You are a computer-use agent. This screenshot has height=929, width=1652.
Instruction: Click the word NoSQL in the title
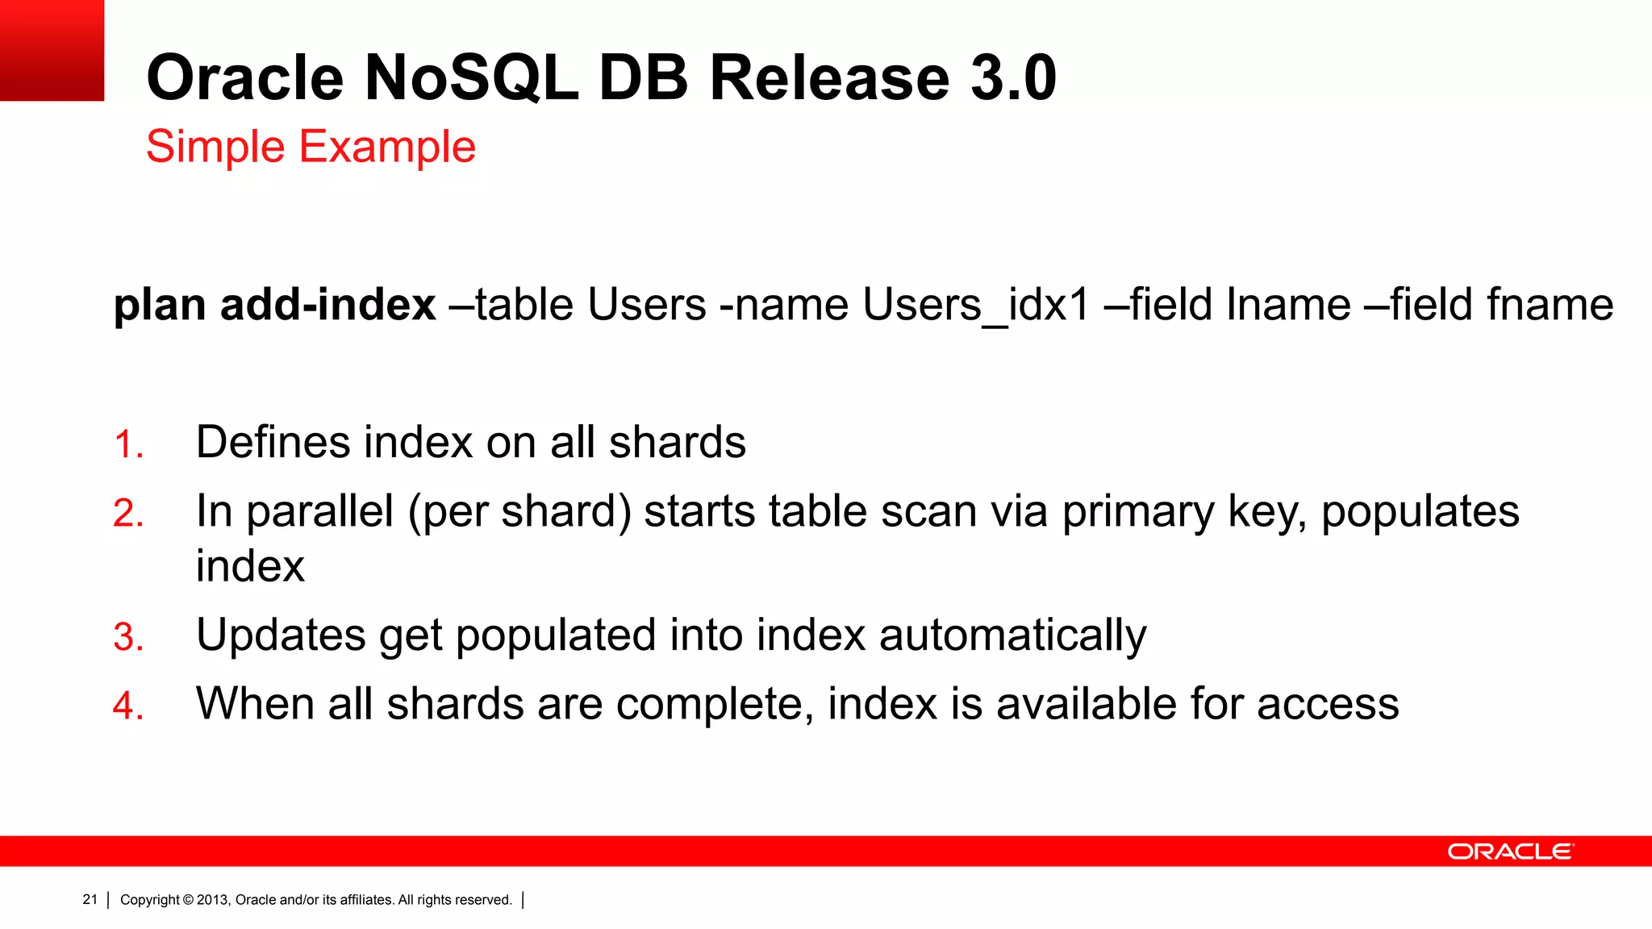[471, 77]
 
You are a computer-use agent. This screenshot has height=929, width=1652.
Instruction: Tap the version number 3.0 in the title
[1013, 77]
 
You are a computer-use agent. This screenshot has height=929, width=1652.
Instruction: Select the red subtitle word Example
[387, 147]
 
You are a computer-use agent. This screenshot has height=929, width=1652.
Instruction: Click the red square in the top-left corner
[52, 50]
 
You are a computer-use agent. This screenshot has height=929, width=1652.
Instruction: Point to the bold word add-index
[327, 305]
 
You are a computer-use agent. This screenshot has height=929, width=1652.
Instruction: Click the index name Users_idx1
[975, 305]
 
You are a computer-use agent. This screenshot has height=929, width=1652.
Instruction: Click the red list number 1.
[128, 444]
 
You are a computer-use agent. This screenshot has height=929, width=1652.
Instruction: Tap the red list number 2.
[128, 514]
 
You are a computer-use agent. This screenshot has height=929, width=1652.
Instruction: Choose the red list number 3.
[128, 637]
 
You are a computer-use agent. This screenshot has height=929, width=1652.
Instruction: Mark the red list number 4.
[128, 706]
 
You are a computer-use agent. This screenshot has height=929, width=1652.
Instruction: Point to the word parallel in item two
[319, 511]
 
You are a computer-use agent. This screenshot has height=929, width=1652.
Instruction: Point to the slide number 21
[90, 899]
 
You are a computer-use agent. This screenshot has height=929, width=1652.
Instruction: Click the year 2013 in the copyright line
[213, 900]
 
